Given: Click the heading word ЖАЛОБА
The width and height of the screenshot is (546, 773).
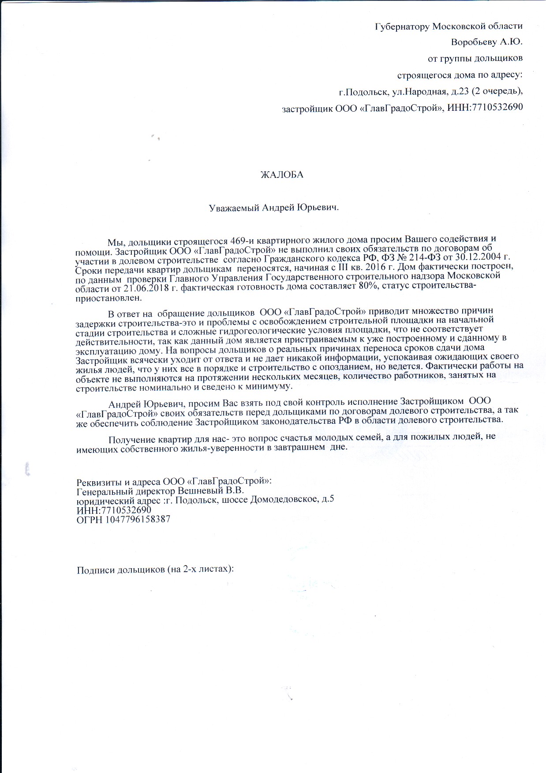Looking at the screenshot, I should tap(282, 175).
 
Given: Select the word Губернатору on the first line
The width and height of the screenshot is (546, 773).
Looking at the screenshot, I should tap(402, 26).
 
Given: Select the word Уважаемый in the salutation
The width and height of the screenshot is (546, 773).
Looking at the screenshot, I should tap(233, 207).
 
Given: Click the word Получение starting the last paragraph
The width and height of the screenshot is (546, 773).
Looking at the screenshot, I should tap(131, 440).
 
